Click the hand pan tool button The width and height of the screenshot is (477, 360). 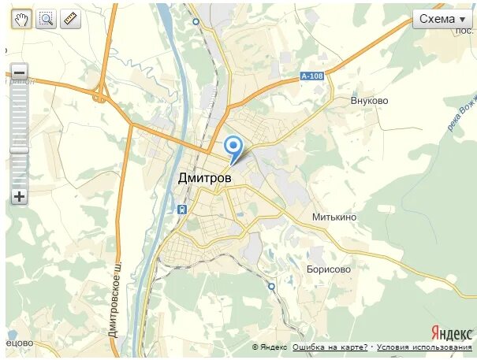click(20, 19)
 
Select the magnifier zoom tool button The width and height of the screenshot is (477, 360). click(46, 19)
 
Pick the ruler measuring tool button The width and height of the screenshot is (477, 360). click(70, 19)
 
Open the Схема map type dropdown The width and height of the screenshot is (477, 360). click(442, 19)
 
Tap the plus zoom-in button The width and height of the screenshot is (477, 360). click(19, 197)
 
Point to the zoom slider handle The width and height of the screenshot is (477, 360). click(19, 150)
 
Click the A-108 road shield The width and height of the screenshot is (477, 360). click(312, 76)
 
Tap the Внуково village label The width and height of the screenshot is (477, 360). click(370, 102)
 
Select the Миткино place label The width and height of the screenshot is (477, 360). click(334, 217)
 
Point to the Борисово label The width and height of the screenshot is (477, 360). click(329, 269)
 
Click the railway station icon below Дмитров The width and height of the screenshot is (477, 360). click(182, 210)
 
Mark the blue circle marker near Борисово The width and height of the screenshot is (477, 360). click(271, 287)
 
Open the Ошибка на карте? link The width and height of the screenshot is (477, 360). click(330, 347)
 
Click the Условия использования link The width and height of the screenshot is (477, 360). click(424, 347)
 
